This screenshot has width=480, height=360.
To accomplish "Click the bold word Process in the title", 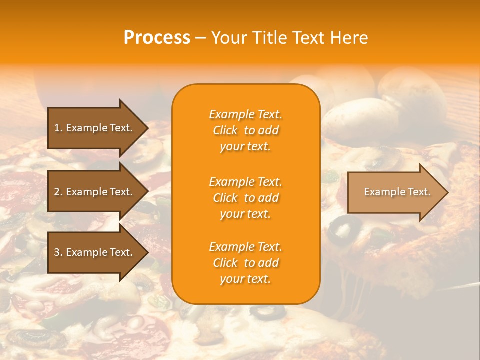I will coord(157,38).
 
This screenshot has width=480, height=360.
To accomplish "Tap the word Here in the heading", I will coord(348,38).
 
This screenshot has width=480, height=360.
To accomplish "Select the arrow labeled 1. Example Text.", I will coord(95,128).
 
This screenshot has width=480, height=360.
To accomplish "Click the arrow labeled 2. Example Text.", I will coord(95,192).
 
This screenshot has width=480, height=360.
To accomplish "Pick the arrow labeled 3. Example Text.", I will coord(95,252).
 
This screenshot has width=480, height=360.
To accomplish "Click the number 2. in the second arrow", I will coord(58,192).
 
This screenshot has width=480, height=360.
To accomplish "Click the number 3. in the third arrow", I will coord(58,252).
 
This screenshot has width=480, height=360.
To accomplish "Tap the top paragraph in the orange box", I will coord(245,130).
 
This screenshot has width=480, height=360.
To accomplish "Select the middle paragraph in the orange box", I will coord(245,198).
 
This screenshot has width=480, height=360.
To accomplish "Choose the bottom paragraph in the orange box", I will coord(245,263).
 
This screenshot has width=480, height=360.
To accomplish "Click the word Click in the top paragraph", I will coord(225,130).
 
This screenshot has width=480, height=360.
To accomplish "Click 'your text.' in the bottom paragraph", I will coord(245,279).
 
